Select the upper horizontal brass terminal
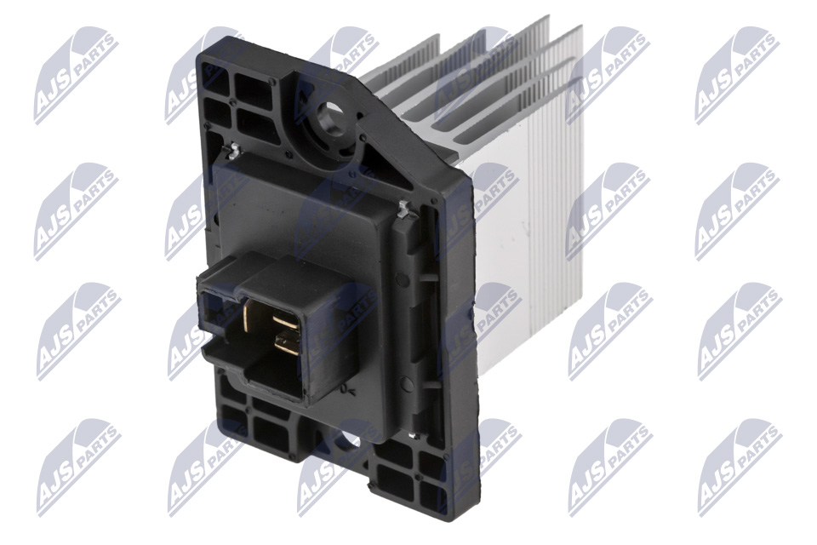point(285,318)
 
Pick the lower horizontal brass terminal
point(287,344)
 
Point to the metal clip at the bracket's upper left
point(233,152)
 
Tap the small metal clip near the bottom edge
point(413,435)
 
